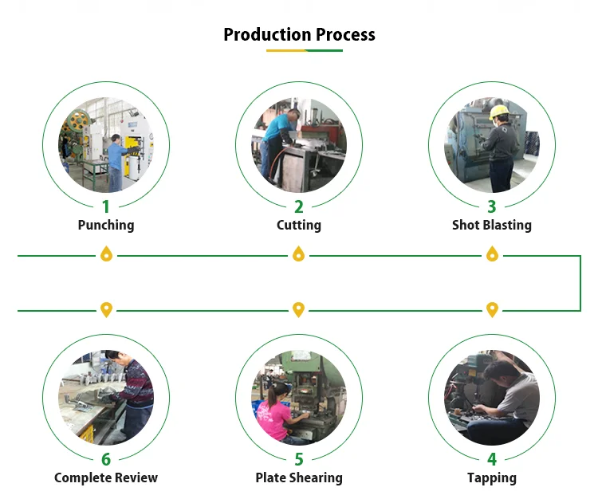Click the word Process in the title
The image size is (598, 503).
pyautogui.click(x=345, y=35)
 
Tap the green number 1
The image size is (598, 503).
pyautogui.click(x=106, y=207)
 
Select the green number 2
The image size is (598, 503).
pyautogui.click(x=299, y=207)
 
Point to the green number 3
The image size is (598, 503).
pyautogui.click(x=492, y=207)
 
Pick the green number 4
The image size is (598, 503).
pyautogui.click(x=492, y=459)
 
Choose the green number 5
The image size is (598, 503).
pyautogui.click(x=299, y=459)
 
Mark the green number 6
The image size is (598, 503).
pyautogui.click(x=106, y=459)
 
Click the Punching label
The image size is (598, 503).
pyautogui.click(x=106, y=226)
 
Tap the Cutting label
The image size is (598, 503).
pyautogui.click(x=299, y=226)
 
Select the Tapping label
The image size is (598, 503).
pyautogui.click(x=492, y=478)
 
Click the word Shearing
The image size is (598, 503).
pyautogui.click(x=316, y=478)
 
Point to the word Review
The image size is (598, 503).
pyautogui.click(x=136, y=477)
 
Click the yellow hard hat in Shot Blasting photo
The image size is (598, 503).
pyautogui.click(x=498, y=112)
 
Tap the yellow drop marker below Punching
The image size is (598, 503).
pyautogui.click(x=106, y=253)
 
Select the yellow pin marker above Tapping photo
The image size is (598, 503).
pyautogui.click(x=493, y=309)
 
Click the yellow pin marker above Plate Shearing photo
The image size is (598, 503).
pyautogui.click(x=299, y=309)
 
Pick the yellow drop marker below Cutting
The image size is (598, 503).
pyautogui.click(x=299, y=253)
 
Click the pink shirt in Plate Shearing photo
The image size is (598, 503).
pyautogui.click(x=273, y=419)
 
